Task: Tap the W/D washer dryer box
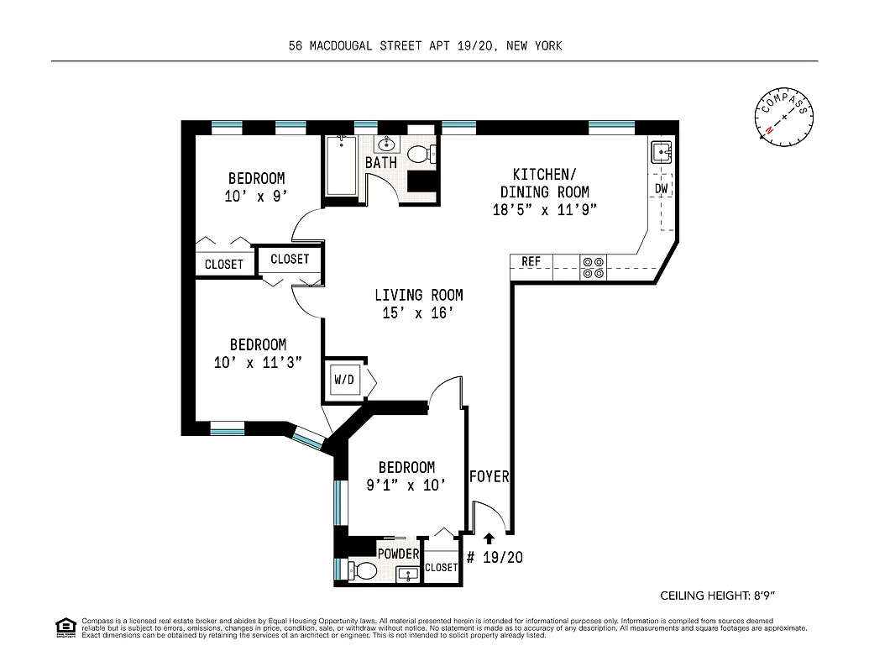(344, 381)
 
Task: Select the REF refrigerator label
(531, 262)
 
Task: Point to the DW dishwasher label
(662, 189)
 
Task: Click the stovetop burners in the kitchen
(593, 267)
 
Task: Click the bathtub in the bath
(343, 167)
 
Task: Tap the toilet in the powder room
(363, 571)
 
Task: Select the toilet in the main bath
(421, 154)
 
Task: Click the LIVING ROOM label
(418, 295)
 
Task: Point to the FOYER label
(489, 476)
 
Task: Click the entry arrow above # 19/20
(489, 538)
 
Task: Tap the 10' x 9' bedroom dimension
(256, 197)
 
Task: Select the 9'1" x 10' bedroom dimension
(406, 485)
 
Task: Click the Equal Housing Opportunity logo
(65, 627)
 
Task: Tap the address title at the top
(425, 46)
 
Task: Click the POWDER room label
(397, 554)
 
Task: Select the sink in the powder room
(407, 575)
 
